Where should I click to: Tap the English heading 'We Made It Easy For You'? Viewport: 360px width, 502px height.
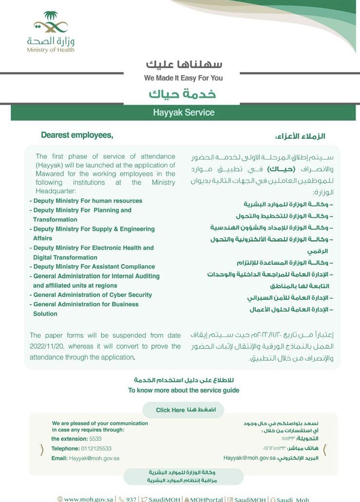183,78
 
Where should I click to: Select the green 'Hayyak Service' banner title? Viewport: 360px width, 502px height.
183,112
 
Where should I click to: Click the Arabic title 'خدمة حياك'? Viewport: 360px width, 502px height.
182,94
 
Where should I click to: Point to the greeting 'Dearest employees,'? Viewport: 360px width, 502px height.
77,135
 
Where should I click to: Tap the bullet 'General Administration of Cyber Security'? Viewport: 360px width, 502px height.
92,295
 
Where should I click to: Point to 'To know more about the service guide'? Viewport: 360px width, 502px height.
183,390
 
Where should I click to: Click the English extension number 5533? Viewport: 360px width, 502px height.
96,439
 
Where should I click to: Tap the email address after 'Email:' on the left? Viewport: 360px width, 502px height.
94,458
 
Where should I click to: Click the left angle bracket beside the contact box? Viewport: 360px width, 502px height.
42,449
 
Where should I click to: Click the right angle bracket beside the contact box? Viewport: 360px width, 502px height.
325,449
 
